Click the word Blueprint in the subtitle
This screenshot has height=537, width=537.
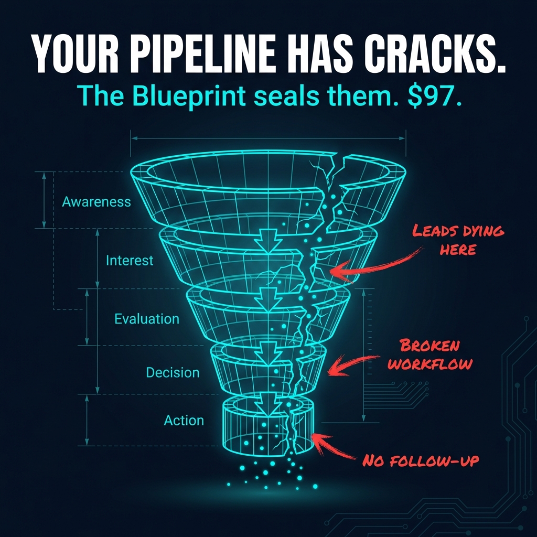point(189,96)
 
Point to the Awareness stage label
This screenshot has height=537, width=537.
point(96,202)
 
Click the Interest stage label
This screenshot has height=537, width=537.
point(130,261)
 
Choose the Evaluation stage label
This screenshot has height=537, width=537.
point(147,319)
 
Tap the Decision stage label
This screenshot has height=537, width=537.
point(173,372)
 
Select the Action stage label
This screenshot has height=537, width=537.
point(184,420)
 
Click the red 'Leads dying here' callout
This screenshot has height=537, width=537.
point(458,240)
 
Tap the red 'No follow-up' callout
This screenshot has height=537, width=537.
point(421,460)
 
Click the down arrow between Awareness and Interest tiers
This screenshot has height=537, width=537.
point(268,241)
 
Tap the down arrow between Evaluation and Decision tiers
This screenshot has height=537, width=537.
point(268,353)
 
